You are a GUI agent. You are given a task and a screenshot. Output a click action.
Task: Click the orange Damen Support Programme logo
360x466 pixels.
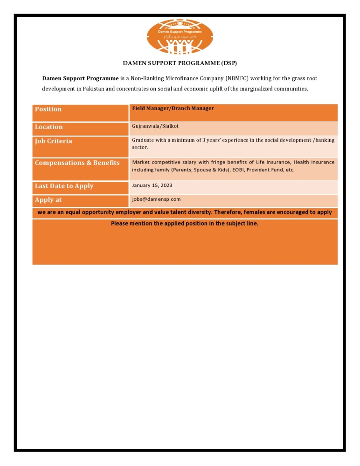click(x=180, y=36)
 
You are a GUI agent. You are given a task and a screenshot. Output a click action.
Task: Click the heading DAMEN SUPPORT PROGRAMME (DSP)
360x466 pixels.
click(x=180, y=63)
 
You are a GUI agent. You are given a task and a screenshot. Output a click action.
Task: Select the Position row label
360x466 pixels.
click(x=48, y=109)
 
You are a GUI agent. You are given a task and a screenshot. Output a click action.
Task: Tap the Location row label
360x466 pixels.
click(x=48, y=127)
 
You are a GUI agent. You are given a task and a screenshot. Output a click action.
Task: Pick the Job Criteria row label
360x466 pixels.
click(x=53, y=141)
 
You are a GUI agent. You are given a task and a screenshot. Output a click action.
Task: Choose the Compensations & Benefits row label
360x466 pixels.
click(x=77, y=163)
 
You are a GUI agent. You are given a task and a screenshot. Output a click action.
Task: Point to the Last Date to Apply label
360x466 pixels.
click(x=64, y=186)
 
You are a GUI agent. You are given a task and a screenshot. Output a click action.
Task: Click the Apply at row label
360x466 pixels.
click(x=48, y=200)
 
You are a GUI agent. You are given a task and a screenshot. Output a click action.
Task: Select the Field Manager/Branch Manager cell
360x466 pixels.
click(x=173, y=108)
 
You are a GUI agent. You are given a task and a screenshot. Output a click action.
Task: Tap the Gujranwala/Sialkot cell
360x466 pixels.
click(x=155, y=126)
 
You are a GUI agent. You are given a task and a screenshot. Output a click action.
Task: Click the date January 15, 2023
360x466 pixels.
click(x=152, y=185)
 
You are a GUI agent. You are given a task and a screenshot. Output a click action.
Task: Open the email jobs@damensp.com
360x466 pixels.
click(x=156, y=199)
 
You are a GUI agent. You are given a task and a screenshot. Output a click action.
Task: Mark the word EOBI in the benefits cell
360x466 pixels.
click(x=238, y=170)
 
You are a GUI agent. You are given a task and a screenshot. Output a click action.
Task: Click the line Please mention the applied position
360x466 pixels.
click(x=185, y=223)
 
